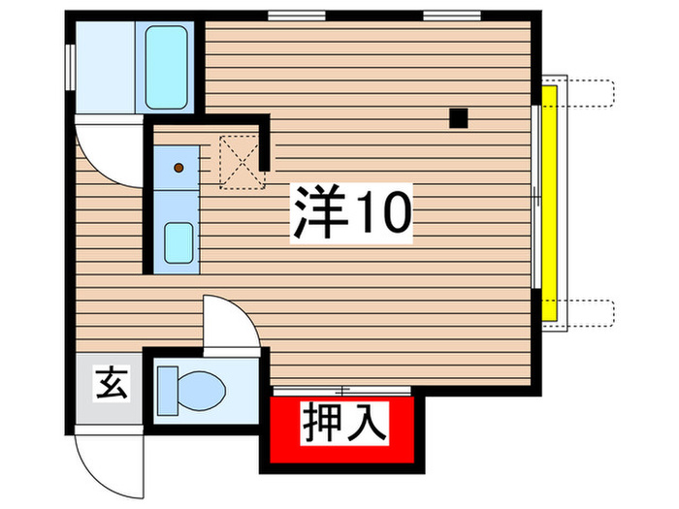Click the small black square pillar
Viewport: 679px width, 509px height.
tap(459, 118)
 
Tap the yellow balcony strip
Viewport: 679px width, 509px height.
tap(549, 204)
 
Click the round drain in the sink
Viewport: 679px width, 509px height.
tap(178, 167)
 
